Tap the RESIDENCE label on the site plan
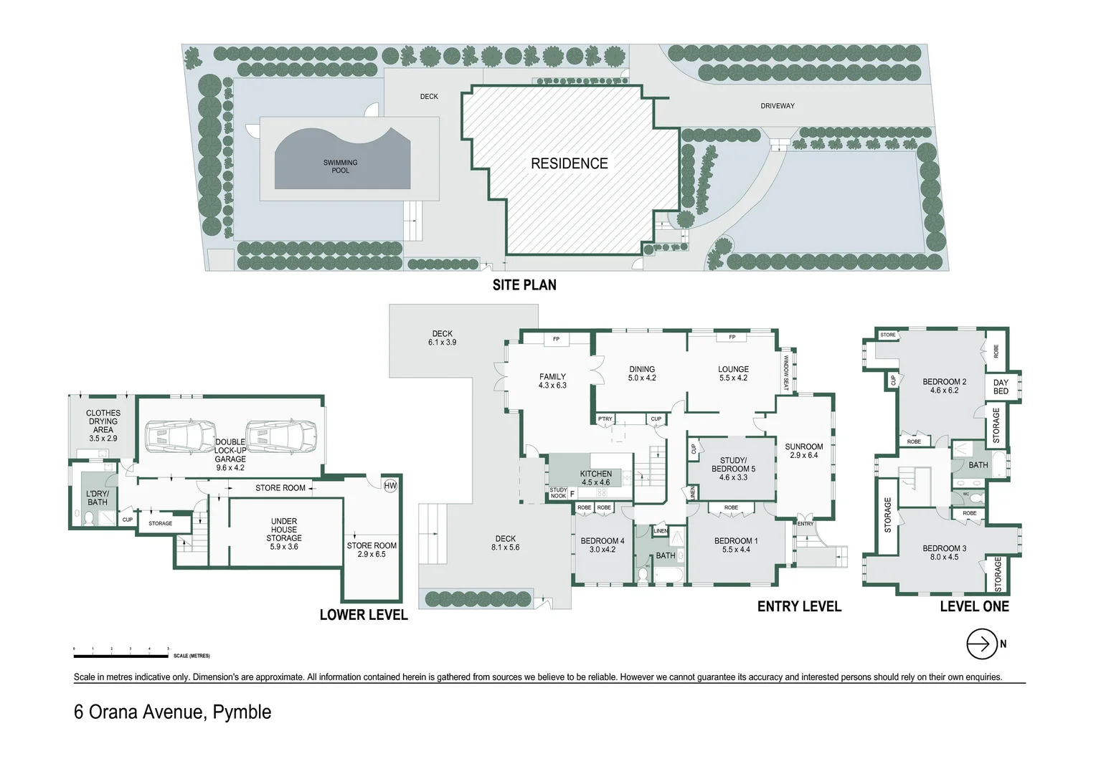pyautogui.click(x=569, y=163)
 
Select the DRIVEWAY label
pyautogui.click(x=778, y=106)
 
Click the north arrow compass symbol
pyautogui.click(x=982, y=644)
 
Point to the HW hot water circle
pyautogui.click(x=390, y=486)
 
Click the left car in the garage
pyautogui.click(x=180, y=436)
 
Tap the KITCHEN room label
pyautogui.click(x=596, y=478)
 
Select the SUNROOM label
pyautogui.click(x=803, y=451)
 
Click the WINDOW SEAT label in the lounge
pyautogui.click(x=786, y=373)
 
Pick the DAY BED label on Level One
pyautogui.click(x=1001, y=387)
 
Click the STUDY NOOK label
pyautogui.click(x=558, y=493)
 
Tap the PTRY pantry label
pyautogui.click(x=605, y=419)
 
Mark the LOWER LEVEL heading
pyautogui.click(x=364, y=615)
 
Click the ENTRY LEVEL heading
pyautogui.click(x=799, y=607)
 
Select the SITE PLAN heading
pyautogui.click(x=524, y=285)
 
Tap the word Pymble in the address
pyautogui.click(x=242, y=712)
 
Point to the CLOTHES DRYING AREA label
pyautogui.click(x=103, y=425)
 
